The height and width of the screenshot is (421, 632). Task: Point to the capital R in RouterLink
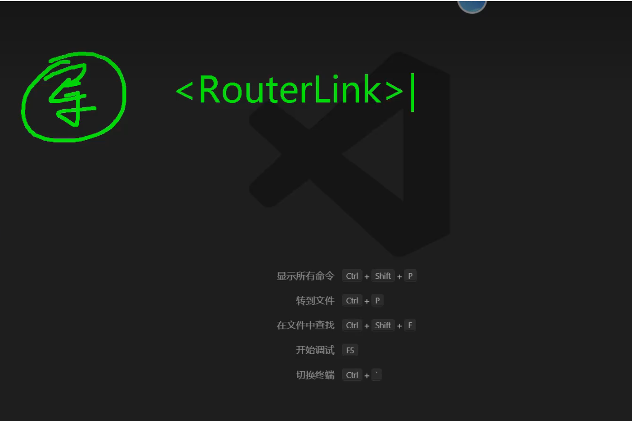tap(211, 90)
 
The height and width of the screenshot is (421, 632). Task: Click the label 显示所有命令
tap(305, 276)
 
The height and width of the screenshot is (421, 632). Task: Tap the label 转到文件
tap(315, 301)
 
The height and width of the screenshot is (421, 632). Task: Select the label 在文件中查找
tap(305, 325)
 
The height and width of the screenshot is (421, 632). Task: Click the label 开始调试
tap(315, 350)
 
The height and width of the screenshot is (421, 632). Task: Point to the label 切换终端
tap(315, 375)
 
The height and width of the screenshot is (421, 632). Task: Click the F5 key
tap(350, 350)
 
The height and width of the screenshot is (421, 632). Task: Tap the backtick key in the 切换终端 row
tap(376, 375)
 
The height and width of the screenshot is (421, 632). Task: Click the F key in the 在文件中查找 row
tap(410, 325)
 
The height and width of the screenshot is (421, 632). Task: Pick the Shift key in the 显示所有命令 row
tap(383, 276)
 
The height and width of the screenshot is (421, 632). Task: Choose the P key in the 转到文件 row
tap(377, 301)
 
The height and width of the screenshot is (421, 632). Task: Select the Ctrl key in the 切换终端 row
tap(352, 375)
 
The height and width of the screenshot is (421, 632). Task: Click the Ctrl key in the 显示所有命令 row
tap(352, 276)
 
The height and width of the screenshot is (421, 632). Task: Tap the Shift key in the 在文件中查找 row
tap(383, 325)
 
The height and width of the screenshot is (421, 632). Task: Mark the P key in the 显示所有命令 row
tap(410, 276)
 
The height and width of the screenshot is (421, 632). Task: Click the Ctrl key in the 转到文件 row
tap(352, 301)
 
